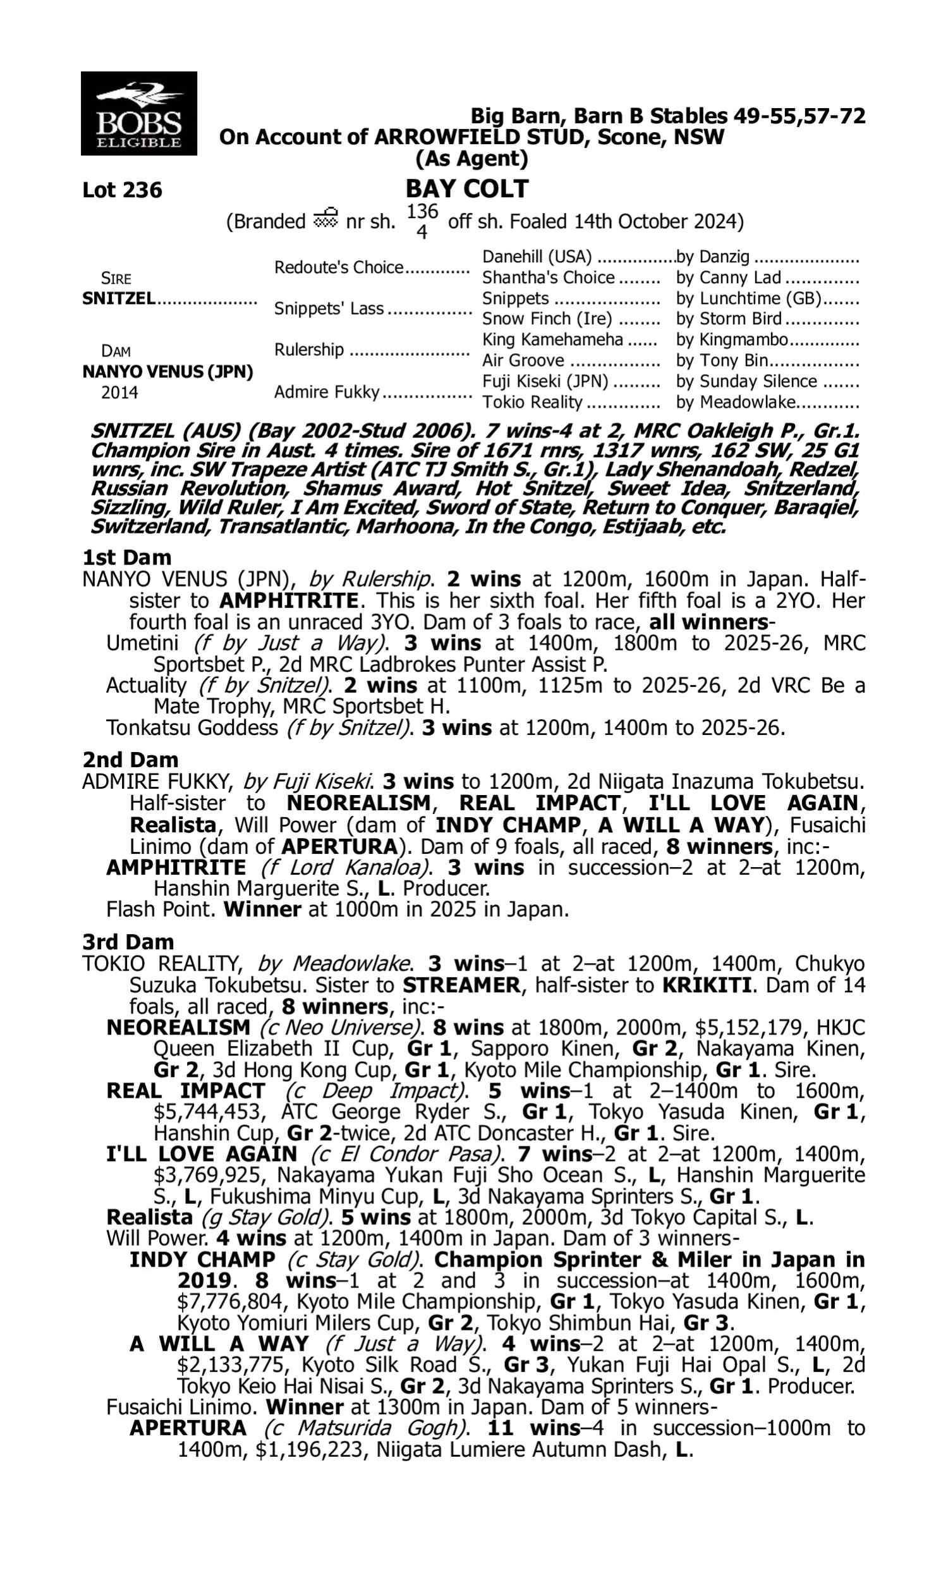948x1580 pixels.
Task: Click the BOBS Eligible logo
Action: click(x=138, y=114)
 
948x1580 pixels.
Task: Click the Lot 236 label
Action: click(x=122, y=190)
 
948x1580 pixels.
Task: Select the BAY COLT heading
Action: click(x=467, y=189)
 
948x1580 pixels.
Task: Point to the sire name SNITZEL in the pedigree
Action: click(x=119, y=299)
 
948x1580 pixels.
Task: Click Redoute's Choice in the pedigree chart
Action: click(x=339, y=267)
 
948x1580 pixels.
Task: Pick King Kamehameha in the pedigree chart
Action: click(x=552, y=339)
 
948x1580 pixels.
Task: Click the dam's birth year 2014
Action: click(x=119, y=392)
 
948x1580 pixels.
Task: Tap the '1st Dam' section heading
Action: click(x=126, y=557)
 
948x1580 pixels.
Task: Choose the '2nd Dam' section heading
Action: click(x=130, y=760)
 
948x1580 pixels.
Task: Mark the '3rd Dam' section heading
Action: click(x=128, y=942)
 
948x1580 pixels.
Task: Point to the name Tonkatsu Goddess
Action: click(x=191, y=727)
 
